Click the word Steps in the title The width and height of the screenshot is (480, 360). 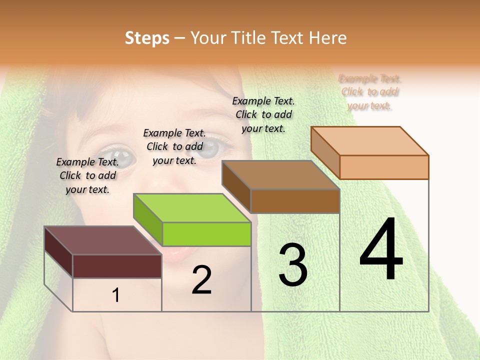click(146, 38)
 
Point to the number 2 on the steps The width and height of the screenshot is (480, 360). click(201, 280)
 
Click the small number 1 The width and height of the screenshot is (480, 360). click(116, 295)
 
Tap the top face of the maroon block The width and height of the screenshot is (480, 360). click(102, 240)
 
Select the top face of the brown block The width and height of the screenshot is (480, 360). click(280, 175)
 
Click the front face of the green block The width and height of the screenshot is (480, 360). click(206, 234)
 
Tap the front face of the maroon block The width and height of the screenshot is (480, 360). click(117, 266)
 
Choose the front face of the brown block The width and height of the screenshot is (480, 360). click(295, 201)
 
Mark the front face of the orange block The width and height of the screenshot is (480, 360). click(384, 167)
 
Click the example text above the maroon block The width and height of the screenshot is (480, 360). click(87, 175)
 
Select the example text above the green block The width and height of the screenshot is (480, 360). click(174, 146)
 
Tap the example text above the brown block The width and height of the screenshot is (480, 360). click(263, 114)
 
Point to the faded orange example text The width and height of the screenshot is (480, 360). click(370, 92)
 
